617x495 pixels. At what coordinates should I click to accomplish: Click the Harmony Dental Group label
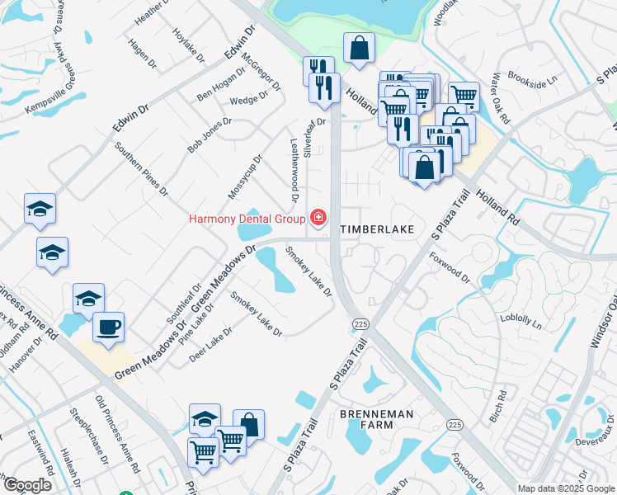247,219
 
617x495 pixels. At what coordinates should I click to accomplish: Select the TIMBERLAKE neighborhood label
376,227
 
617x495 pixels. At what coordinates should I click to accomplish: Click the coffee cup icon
108,327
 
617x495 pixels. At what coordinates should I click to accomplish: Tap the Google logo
27,485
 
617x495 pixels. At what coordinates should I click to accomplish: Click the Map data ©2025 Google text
567,488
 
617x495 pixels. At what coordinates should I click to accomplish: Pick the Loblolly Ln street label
520,319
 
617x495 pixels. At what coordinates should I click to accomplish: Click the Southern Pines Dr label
141,169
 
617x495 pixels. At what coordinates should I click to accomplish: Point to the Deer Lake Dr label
210,345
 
